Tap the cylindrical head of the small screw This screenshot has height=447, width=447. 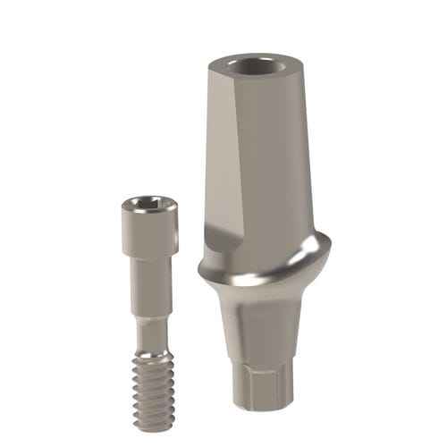coord(148,223)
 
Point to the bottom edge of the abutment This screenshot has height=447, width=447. coord(264,407)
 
